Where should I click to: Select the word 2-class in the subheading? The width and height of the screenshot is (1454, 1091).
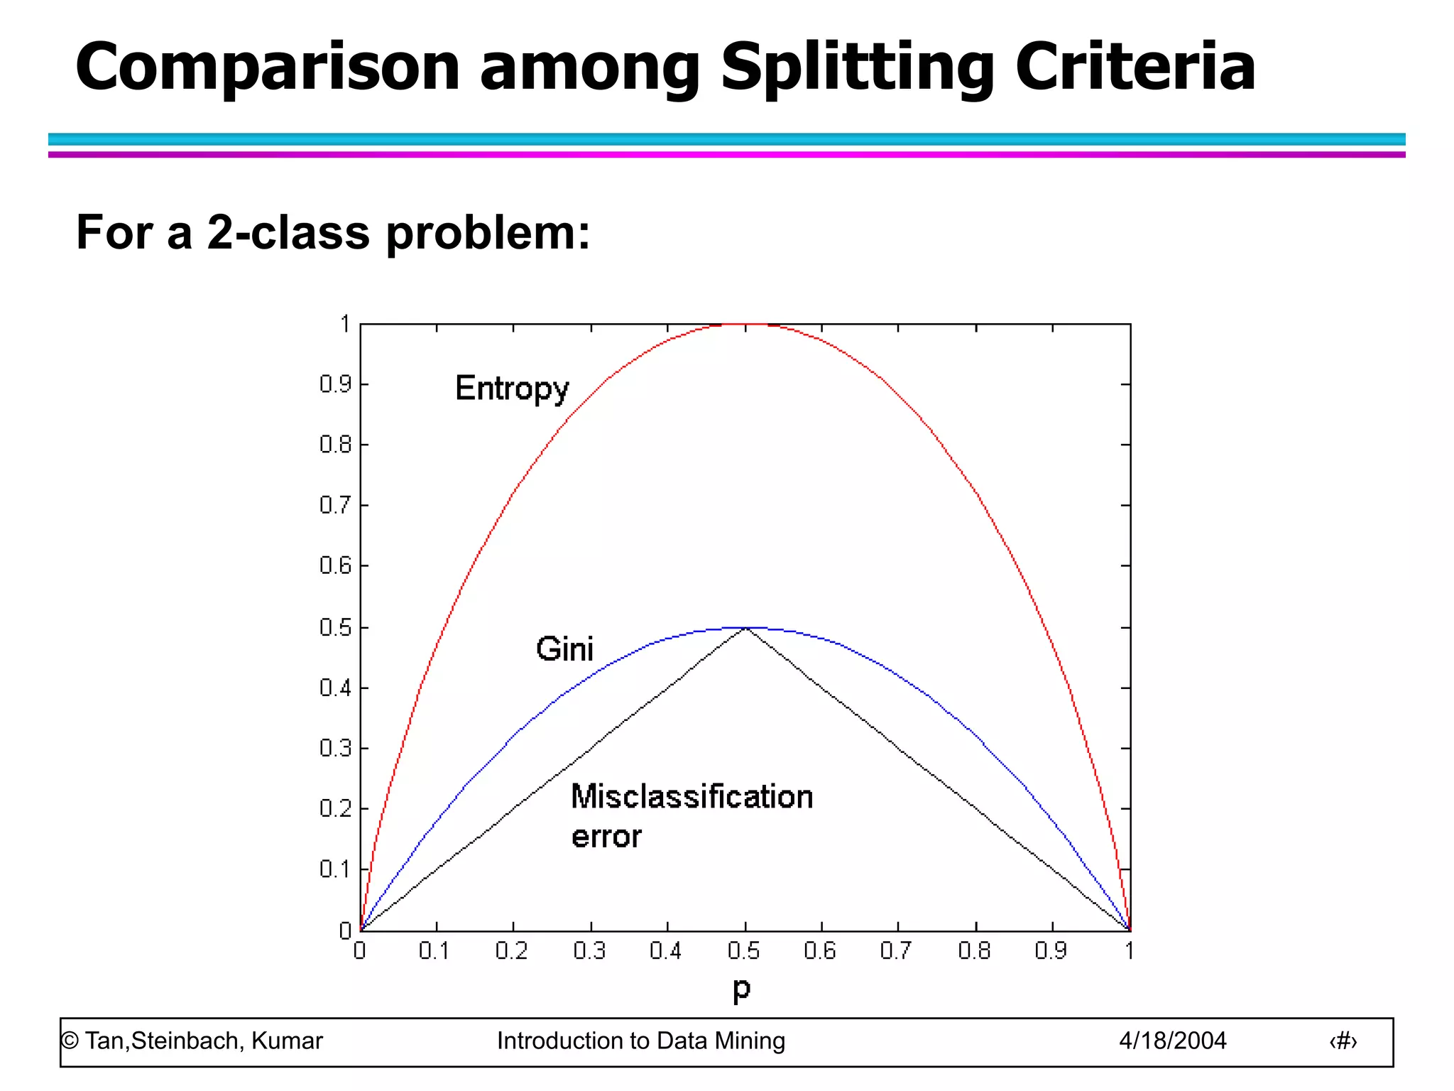tap(288, 232)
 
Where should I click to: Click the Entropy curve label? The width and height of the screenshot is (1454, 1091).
tap(512, 389)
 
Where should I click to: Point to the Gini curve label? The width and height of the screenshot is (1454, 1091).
tap(564, 649)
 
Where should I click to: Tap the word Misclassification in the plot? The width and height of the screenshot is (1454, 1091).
tap(692, 797)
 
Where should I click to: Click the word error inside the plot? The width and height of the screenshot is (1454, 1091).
tap(606, 837)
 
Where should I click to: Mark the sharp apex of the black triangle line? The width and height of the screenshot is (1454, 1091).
tap(745, 629)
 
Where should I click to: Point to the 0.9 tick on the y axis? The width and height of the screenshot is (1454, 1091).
tap(335, 384)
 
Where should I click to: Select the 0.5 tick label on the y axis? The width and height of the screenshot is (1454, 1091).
tap(335, 628)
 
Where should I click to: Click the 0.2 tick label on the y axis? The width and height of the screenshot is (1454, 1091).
tap(335, 809)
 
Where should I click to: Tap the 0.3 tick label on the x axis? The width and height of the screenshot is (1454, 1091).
tap(589, 951)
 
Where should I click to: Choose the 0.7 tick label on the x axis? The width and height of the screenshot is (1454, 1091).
tap(896, 951)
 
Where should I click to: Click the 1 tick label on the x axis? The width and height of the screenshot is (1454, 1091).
tap(1129, 951)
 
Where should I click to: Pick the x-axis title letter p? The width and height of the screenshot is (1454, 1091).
tap(741, 989)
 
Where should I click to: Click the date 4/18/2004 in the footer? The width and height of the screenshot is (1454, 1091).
tap(1172, 1041)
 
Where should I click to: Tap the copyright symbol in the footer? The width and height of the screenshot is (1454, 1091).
tap(70, 1041)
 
